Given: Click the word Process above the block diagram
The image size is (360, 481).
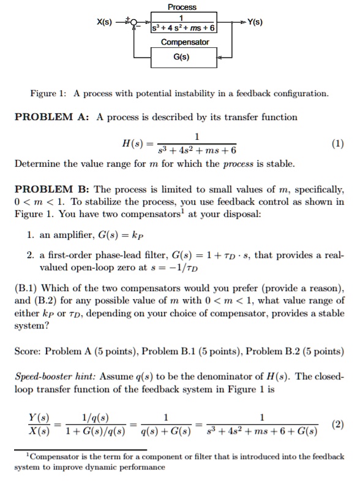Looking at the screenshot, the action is tap(182, 7).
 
